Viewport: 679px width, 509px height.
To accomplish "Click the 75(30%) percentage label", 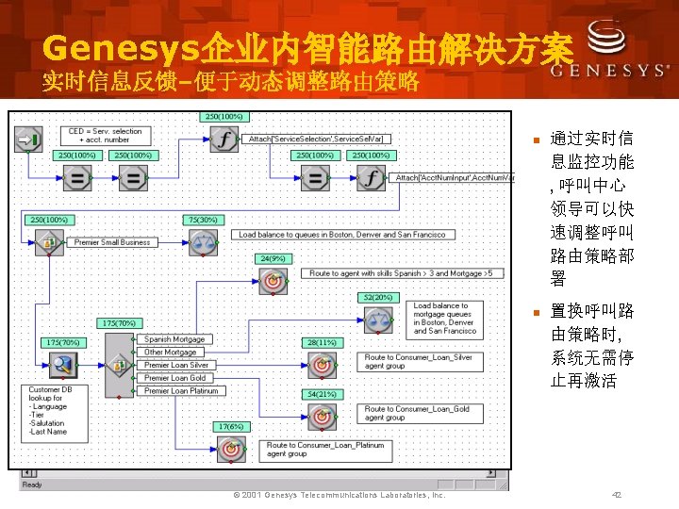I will (203, 220).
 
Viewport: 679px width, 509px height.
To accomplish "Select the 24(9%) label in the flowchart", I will (273, 257).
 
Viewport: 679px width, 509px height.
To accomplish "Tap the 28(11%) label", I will (322, 342).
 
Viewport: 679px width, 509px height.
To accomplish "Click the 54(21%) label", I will (322, 393).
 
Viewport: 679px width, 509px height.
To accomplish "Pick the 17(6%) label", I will (230, 426).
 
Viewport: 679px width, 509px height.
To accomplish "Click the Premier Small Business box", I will (112, 242).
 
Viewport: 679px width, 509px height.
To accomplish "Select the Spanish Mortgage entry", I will (174, 339).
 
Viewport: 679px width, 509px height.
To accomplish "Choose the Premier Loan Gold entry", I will (174, 378).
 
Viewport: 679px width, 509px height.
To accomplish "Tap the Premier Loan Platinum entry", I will (181, 390).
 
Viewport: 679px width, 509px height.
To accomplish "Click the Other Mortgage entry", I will (171, 353).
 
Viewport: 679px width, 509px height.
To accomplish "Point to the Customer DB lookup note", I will (56, 411).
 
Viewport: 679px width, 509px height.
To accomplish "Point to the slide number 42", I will (617, 495).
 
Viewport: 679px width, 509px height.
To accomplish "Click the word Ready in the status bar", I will (32, 484).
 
